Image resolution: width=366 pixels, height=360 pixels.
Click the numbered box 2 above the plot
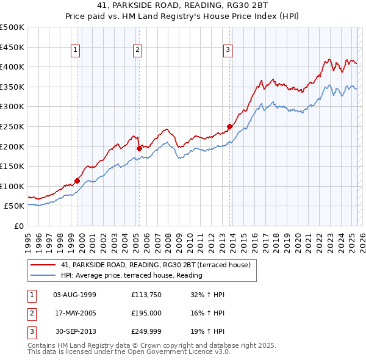click(138, 51)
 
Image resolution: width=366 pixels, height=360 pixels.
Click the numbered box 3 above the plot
click(228, 51)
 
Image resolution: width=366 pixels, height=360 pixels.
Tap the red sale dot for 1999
click(77, 181)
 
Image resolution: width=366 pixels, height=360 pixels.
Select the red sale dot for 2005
click(139, 148)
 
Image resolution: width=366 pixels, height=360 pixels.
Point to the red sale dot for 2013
click(229, 126)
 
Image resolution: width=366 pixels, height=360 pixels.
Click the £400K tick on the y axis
click(13, 67)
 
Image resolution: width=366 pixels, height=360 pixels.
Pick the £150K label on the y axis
click(13, 166)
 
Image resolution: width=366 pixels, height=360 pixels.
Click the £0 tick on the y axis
click(19, 226)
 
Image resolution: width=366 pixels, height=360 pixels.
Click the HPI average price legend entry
click(131, 276)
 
